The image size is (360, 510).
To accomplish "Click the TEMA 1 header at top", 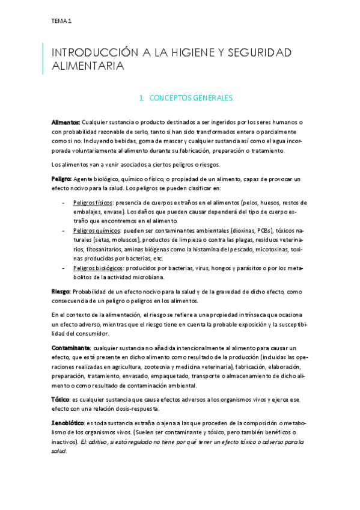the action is [61, 21].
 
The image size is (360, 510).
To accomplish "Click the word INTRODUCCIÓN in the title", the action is [93, 53].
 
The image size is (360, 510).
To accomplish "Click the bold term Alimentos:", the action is [66, 122].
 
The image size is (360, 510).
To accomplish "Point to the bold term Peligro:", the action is [62, 179].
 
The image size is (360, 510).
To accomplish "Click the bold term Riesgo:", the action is [61, 291].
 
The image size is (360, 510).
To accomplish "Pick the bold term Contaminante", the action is [71, 348].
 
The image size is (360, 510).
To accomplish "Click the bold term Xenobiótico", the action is [67, 423].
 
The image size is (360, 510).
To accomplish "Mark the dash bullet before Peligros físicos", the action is [64, 203].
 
